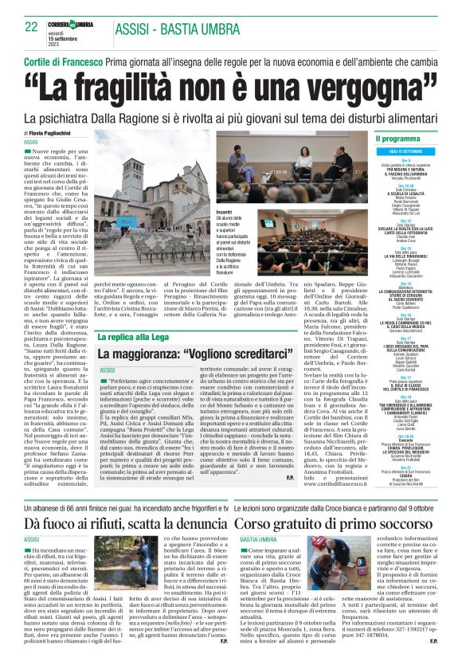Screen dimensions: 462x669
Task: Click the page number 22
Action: [31, 26]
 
